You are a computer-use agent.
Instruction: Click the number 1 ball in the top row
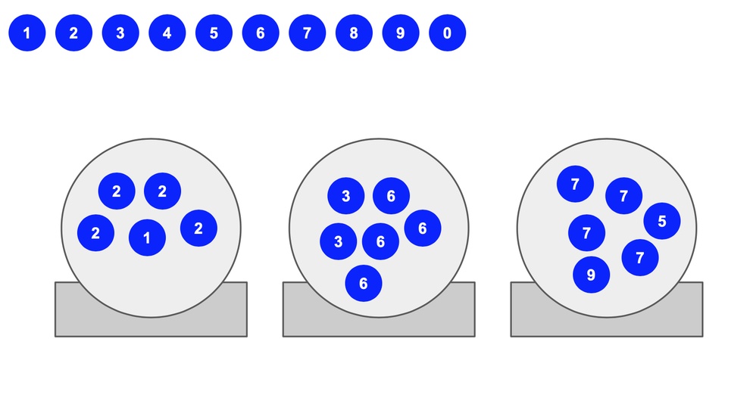pos(27,33)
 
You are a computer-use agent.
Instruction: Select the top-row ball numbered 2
pos(73,33)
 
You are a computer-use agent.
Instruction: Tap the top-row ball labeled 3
pos(120,33)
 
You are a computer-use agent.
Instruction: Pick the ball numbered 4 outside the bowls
pos(167,33)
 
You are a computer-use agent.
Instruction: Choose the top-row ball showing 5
pos(214,33)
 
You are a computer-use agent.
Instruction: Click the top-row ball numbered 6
pos(261,33)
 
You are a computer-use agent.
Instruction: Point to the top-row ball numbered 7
pos(307,33)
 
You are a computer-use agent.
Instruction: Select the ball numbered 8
pos(354,33)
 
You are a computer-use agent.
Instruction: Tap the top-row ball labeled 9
pos(401,33)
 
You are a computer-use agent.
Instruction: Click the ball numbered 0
pos(447,33)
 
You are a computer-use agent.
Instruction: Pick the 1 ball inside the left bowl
pos(147,238)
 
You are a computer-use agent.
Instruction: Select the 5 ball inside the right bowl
pos(662,221)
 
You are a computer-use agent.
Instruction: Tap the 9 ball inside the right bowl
pos(591,275)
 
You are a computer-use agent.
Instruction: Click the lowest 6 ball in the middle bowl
pos(364,283)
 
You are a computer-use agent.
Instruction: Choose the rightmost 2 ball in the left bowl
pos(198,228)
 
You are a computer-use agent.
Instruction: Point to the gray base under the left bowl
pos(151,326)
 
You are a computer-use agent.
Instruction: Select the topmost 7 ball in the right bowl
pos(575,184)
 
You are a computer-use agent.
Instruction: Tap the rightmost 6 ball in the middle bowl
pos(423,228)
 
